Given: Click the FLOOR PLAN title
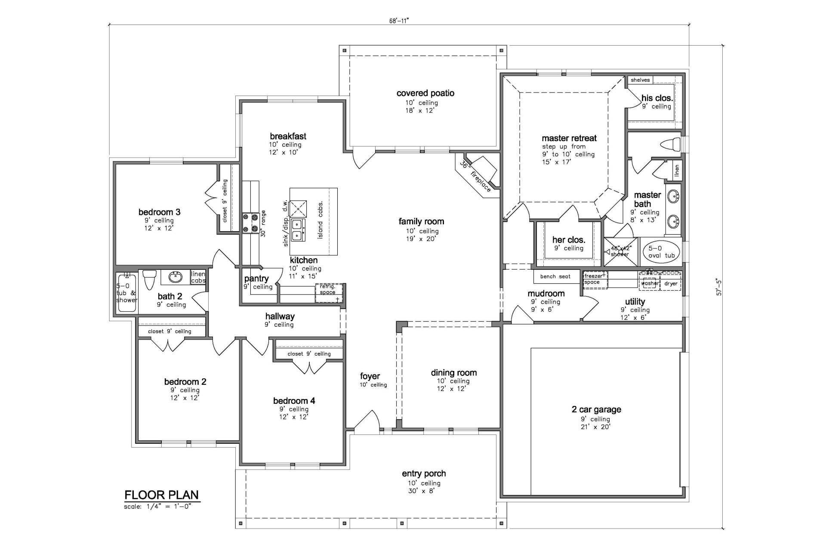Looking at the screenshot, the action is click(162, 495).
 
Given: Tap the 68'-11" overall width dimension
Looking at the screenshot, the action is click(395, 20).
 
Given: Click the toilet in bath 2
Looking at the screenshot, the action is click(149, 279).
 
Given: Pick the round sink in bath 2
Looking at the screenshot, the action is click(175, 278).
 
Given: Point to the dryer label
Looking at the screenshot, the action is click(671, 284).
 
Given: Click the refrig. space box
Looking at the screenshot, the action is click(330, 293).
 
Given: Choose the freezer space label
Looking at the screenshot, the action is click(594, 279).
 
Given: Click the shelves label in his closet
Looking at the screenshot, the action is click(640, 80).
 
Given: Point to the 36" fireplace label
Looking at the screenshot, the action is click(475, 176).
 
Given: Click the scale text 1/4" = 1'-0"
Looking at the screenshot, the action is click(157, 506).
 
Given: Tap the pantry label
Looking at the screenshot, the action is click(256, 279).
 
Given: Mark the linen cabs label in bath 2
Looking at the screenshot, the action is click(198, 277).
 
